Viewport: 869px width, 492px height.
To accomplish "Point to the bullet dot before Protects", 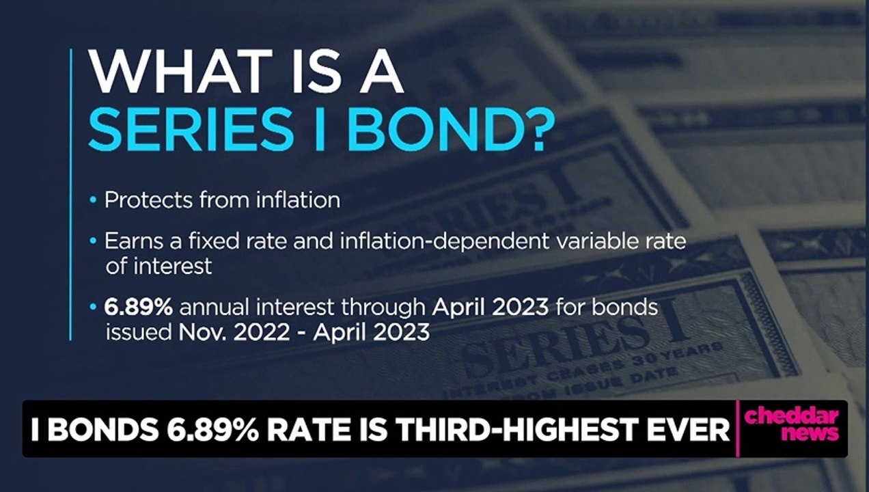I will point(94,201).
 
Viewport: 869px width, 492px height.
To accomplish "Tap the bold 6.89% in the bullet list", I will point(138,307).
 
